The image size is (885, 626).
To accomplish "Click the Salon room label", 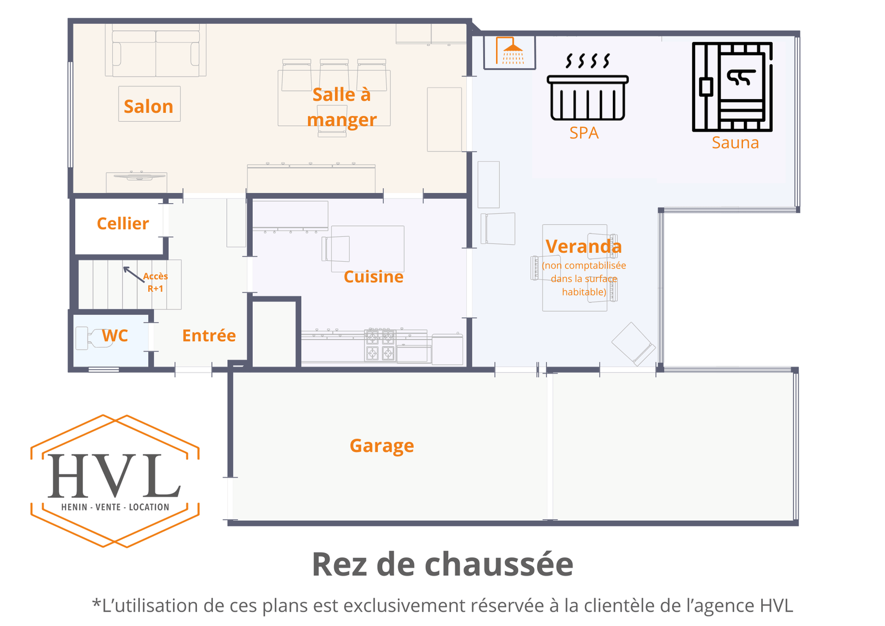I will (x=148, y=106).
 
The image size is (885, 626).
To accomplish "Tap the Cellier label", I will (x=123, y=224).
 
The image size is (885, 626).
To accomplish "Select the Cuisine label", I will (x=373, y=277).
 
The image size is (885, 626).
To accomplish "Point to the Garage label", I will (x=382, y=446).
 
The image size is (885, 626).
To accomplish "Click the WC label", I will (x=115, y=335).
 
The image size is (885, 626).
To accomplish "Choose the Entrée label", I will (x=209, y=335).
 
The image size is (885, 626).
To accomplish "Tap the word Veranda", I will (x=584, y=246).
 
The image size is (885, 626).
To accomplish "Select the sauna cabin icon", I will (x=732, y=87).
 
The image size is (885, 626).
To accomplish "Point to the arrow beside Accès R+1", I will (x=133, y=273).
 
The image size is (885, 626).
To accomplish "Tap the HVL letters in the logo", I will (x=114, y=477).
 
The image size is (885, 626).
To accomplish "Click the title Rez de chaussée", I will (x=442, y=564).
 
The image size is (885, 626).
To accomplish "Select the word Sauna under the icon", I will (x=735, y=143).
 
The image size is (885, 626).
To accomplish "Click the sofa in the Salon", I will (x=156, y=53).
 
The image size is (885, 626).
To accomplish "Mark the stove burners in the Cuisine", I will (x=380, y=344).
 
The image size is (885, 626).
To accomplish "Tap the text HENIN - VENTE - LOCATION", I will (x=115, y=507).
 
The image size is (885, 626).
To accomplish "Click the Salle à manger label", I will (x=342, y=107).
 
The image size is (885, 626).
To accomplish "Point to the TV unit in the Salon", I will (x=139, y=177).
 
